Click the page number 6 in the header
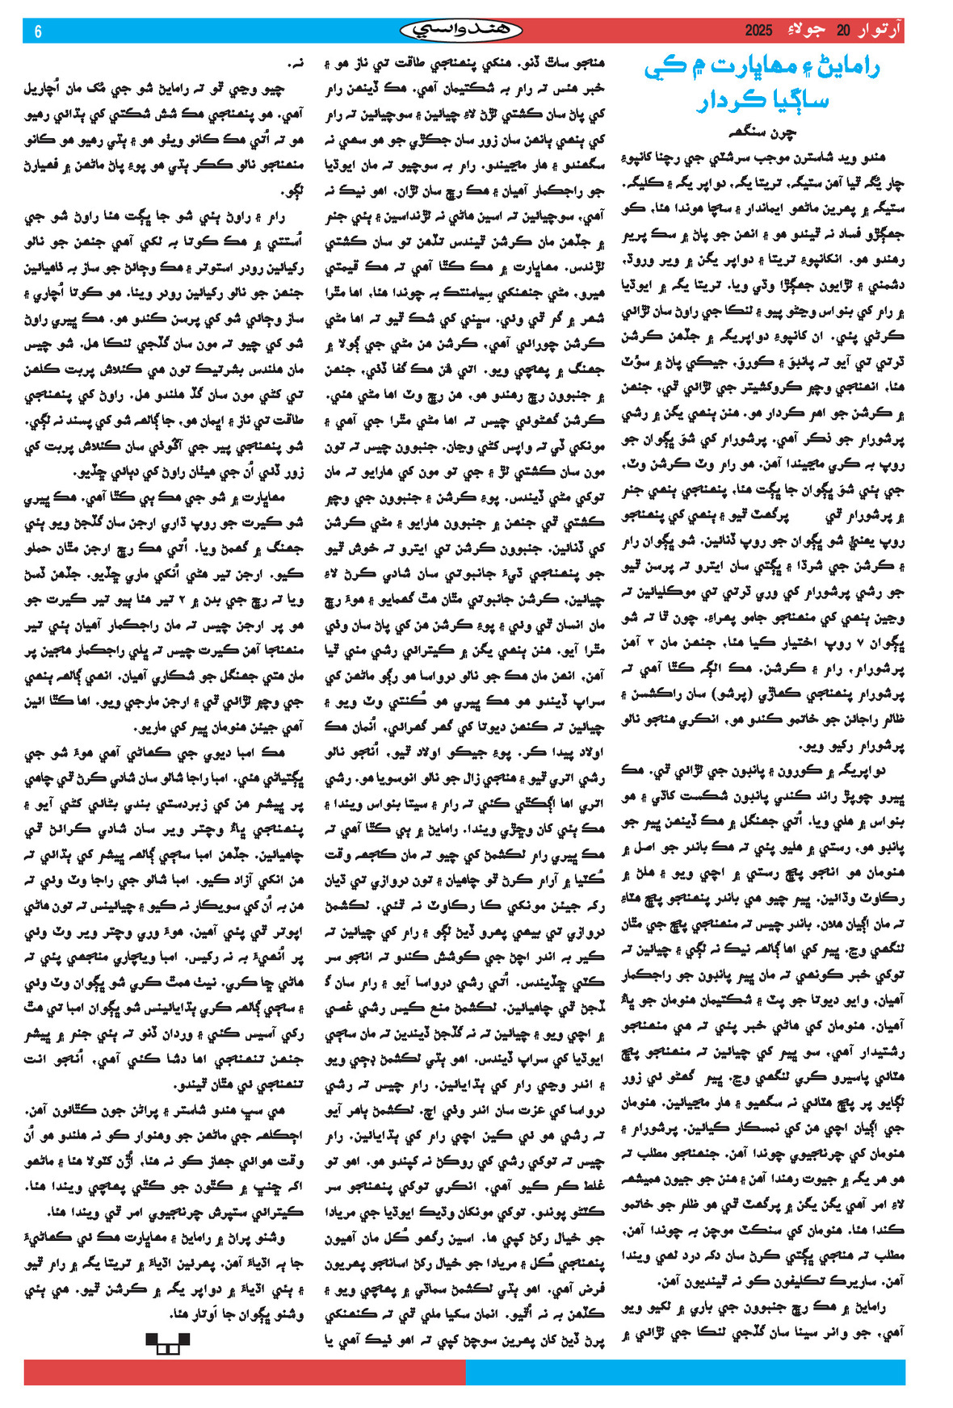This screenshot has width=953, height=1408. pos(38,31)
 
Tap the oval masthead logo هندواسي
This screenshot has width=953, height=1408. pos(461,31)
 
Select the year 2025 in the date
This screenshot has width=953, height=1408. pos(758,31)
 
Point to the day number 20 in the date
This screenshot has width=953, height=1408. pos(843,31)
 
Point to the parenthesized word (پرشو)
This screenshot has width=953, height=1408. pos(721,692)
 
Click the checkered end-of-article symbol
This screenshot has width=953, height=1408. pos(167,1342)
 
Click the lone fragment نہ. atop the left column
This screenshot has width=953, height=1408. pos(296,63)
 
